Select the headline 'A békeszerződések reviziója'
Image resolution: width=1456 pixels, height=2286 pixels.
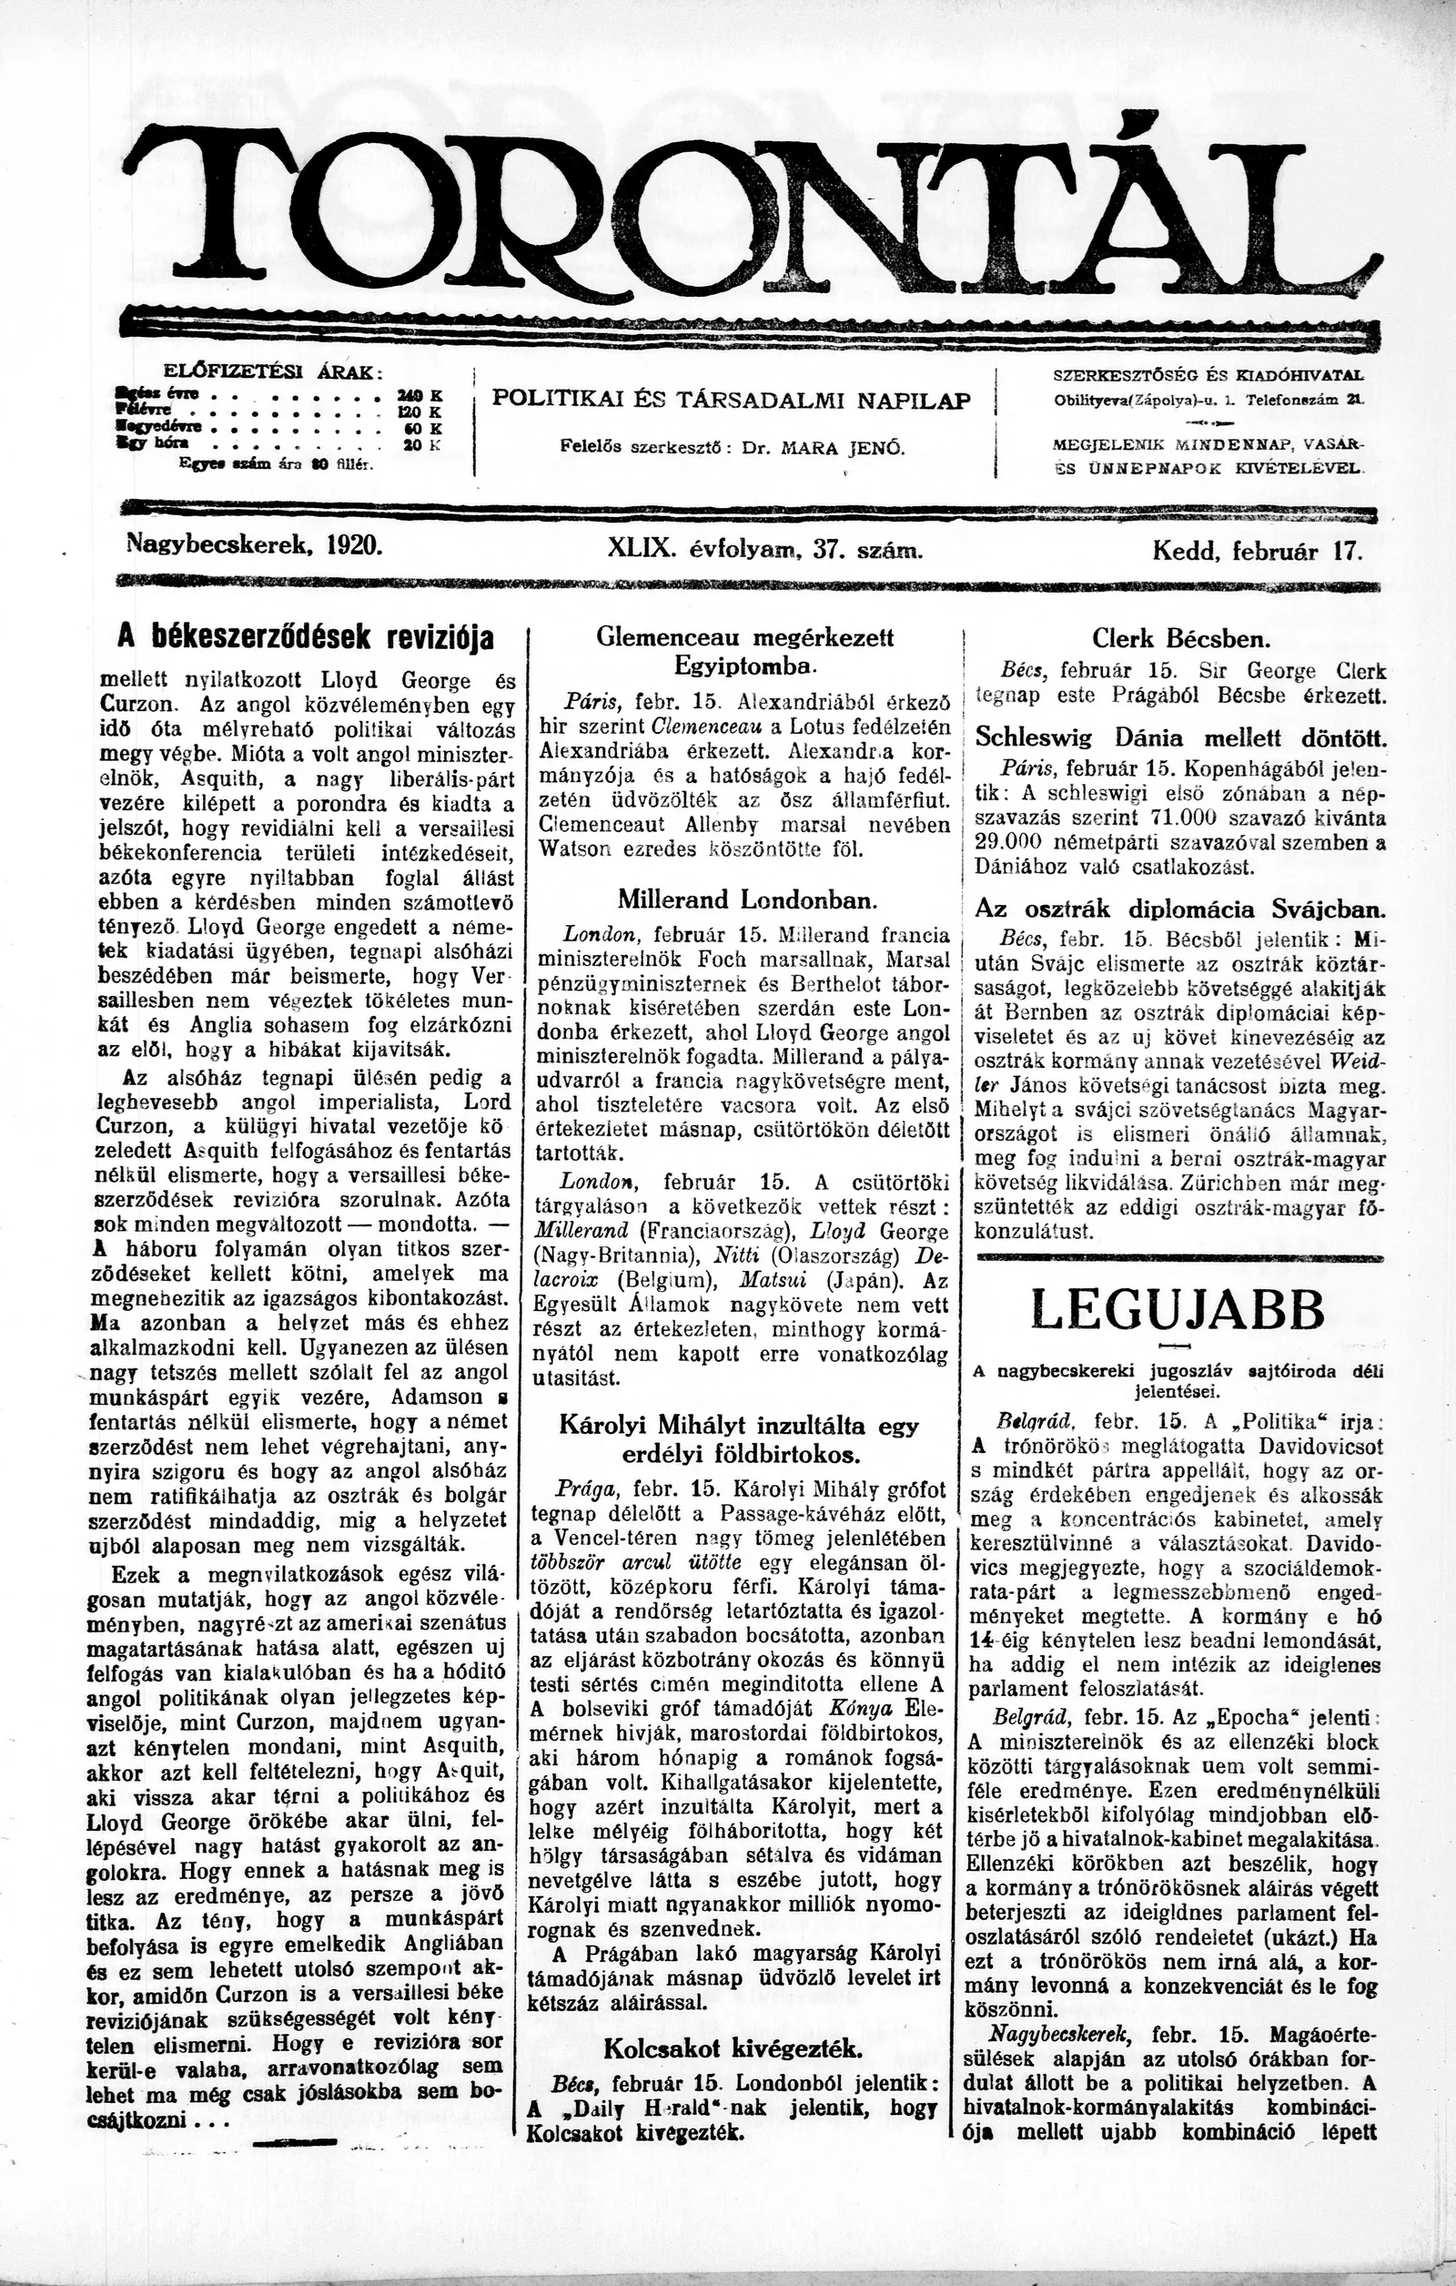click(x=306, y=638)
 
